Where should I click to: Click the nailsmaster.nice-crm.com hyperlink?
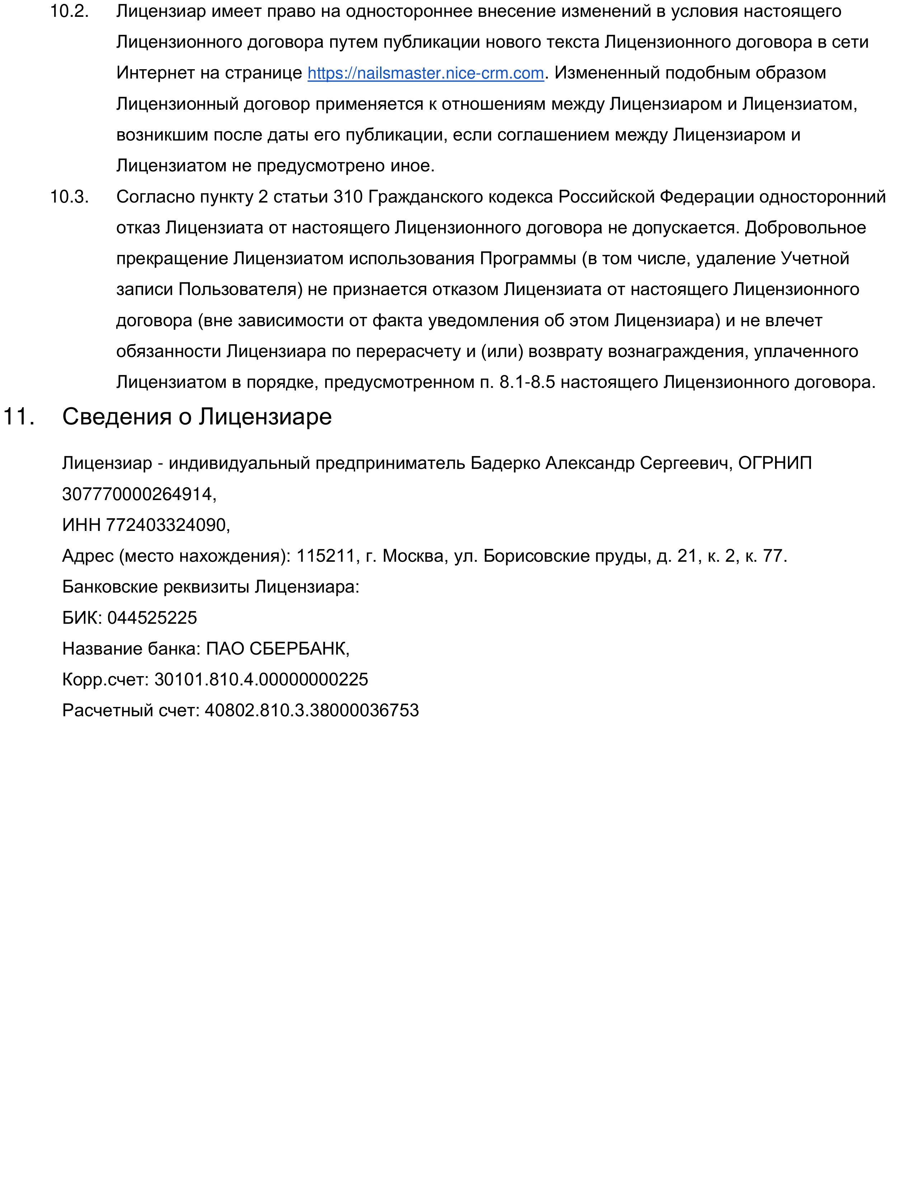coord(426,73)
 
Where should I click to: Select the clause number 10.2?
coord(69,11)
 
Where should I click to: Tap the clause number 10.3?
coord(69,196)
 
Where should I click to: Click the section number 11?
coord(19,417)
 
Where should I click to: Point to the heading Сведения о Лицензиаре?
coord(197,417)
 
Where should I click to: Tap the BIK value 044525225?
coord(152,618)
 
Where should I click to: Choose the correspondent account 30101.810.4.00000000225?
coord(261,679)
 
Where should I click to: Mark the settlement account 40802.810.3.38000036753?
coord(312,710)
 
